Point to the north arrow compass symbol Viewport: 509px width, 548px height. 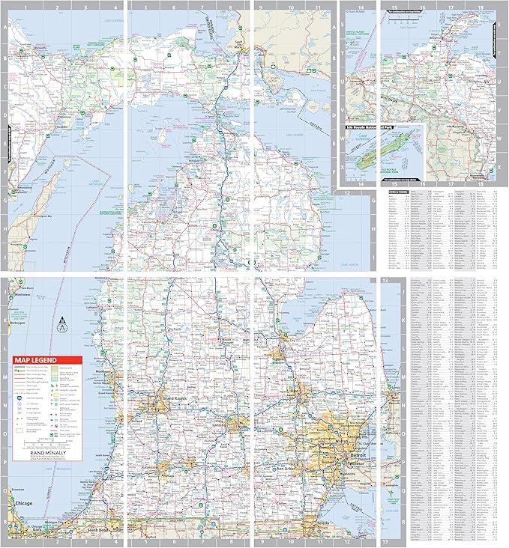(62, 325)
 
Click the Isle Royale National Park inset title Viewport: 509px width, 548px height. (382, 128)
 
